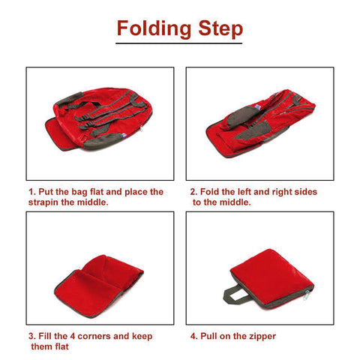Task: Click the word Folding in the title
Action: pyautogui.click(x=154, y=28)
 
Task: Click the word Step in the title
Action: pyautogui.click(x=220, y=28)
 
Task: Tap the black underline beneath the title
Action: pyautogui.click(x=178, y=43)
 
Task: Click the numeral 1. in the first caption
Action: pyautogui.click(x=32, y=192)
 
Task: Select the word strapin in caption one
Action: pyautogui.click(x=43, y=202)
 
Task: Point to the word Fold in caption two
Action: pyautogui.click(x=209, y=192)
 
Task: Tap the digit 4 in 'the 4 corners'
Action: pyautogui.click(x=73, y=336)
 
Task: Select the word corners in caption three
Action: pyautogui.click(x=94, y=336)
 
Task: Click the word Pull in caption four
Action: pyautogui.click(x=208, y=336)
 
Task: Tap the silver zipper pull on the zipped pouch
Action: pyautogui.click(x=306, y=295)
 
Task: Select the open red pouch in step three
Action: pyautogui.click(x=99, y=286)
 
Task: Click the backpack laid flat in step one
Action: pyautogui.click(x=99, y=119)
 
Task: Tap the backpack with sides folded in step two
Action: pyautogui.click(x=260, y=123)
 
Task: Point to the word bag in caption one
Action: pyautogui.click(x=79, y=192)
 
